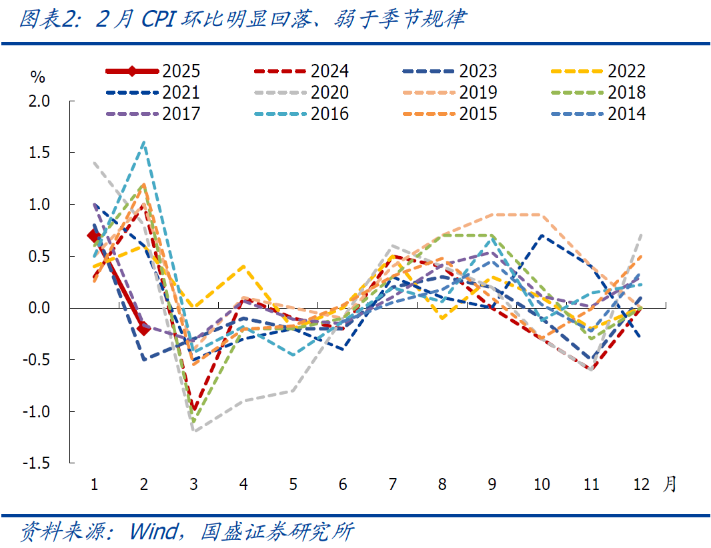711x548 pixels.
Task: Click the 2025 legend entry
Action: tap(153, 71)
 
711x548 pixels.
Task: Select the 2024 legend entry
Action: tap(301, 71)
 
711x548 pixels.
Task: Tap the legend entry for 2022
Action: tap(599, 71)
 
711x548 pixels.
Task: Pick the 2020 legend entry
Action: tap(301, 93)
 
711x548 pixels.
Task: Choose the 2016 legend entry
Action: tap(301, 114)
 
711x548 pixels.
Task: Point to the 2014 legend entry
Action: tap(599, 114)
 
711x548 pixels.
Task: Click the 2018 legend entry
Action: tap(599, 93)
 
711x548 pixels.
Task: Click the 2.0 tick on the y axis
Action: tap(39, 101)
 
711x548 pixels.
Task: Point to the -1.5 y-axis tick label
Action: tap(37, 463)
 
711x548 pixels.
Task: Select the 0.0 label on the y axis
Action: tap(39, 308)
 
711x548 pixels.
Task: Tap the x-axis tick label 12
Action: tap(641, 485)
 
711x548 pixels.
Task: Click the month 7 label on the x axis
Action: tap(392, 485)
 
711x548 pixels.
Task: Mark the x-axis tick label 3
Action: tap(193, 485)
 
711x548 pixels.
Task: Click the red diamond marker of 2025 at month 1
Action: tap(94, 236)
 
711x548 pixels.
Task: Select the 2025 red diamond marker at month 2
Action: tap(143, 329)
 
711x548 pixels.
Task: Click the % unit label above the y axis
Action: tap(38, 77)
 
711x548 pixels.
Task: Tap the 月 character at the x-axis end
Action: tap(670, 484)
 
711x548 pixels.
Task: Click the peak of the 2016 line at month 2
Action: tap(143, 142)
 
